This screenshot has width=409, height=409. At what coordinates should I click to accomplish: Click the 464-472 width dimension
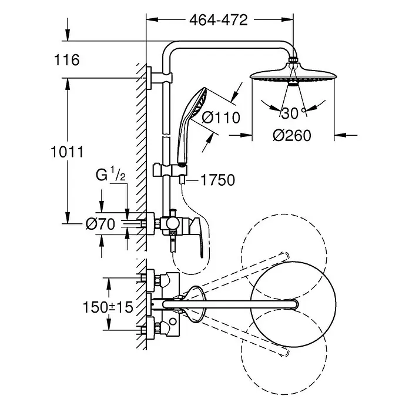219,20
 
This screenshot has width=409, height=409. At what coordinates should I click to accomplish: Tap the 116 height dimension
67,60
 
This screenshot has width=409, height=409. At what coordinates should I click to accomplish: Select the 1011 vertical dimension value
68,152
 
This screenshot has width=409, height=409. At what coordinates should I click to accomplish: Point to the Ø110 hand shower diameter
221,118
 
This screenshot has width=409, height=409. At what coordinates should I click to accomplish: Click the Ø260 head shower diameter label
292,136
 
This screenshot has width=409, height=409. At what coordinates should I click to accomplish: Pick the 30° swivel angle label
293,113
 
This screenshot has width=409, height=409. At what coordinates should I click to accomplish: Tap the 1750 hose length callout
217,180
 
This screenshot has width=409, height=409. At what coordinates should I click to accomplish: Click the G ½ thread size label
110,175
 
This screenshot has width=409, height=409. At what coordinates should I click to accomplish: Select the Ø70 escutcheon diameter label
100,224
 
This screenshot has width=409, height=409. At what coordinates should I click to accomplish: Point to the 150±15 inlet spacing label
108,307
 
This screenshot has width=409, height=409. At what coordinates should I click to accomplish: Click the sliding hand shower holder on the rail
170,170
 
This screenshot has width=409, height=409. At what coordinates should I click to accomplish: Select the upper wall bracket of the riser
159,78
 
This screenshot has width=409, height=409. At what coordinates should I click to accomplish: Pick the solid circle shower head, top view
293,304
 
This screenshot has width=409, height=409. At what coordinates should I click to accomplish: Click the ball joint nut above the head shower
293,59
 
